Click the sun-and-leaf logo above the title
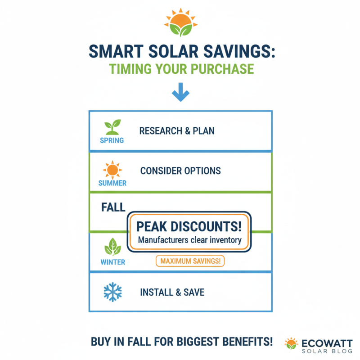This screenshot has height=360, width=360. (180, 22)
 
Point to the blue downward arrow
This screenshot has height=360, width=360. (180, 91)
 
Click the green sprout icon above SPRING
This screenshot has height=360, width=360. (112, 127)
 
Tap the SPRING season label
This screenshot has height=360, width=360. (112, 140)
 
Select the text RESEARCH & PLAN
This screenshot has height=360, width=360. (177, 131)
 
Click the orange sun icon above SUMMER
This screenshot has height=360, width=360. (112, 170)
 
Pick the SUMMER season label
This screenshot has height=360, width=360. (112, 183)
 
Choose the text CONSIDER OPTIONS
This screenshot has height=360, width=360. (180, 171)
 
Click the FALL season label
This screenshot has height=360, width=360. (113, 207)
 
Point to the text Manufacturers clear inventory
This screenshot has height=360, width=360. (190, 240)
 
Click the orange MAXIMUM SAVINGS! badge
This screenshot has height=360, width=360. (190, 261)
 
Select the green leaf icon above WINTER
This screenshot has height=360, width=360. (112, 247)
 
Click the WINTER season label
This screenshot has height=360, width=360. (112, 261)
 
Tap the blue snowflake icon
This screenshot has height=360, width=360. (112, 292)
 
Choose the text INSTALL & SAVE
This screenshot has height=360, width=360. (172, 292)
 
